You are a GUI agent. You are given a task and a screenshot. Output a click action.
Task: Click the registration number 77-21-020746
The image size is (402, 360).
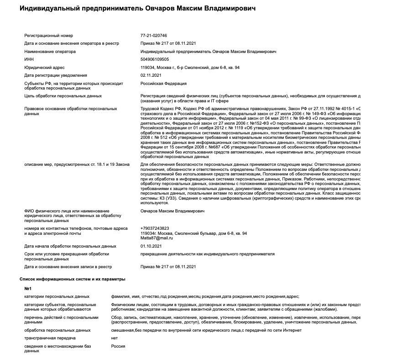pyautogui.click(x=153, y=36)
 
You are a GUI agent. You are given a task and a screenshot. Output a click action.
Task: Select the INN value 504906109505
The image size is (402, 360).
pyautogui.click(x=154, y=59)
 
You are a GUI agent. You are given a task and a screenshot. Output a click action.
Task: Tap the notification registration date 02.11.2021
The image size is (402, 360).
pyautogui.click(x=151, y=75)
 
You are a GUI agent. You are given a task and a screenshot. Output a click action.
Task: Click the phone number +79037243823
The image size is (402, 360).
pyautogui.click(x=155, y=228)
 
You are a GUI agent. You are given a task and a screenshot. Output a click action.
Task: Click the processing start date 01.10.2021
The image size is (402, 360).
pyautogui.click(x=151, y=246)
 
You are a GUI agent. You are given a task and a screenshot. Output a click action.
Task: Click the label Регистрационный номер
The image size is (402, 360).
pyautogui.click(x=48, y=36)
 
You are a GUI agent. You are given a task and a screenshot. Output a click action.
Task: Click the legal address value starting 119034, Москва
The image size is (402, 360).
pyautogui.click(x=190, y=68)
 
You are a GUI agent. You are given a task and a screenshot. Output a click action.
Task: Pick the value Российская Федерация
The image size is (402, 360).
pyautogui.click(x=163, y=84)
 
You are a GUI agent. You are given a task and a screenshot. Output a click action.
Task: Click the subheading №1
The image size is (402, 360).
pyautogui.click(x=28, y=289)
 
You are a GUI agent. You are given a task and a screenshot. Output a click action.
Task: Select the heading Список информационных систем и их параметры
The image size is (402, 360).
pyautogui.click(x=72, y=279)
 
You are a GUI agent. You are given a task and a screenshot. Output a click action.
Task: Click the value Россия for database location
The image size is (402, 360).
pyautogui.click(x=118, y=346)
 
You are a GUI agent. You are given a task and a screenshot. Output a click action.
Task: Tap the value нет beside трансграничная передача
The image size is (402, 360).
pyautogui.click(x=115, y=338)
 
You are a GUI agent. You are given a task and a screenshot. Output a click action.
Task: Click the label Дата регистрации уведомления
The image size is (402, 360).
pyautogui.click(x=55, y=75)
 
